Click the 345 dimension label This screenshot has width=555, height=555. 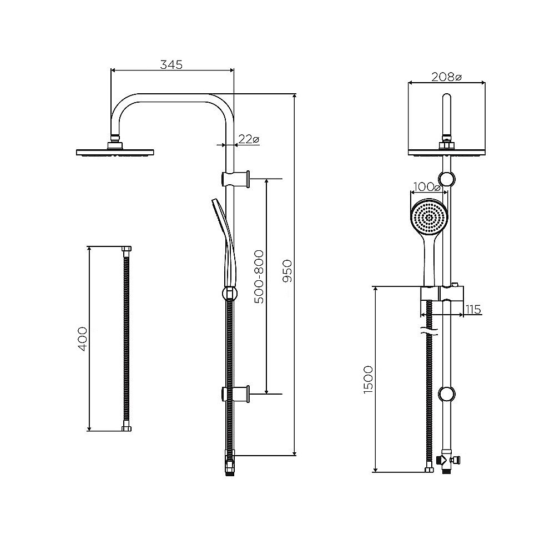[x=171, y=65]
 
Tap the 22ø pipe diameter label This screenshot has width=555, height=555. [x=249, y=139]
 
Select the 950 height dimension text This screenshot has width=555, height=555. [x=287, y=271]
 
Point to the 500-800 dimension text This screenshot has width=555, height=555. [x=259, y=277]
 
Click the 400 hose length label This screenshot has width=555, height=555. [x=82, y=339]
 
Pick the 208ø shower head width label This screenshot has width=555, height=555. [x=446, y=77]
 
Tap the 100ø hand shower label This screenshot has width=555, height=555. [x=427, y=187]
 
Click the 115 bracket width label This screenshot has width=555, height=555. [x=473, y=310]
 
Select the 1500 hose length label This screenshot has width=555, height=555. [x=368, y=380]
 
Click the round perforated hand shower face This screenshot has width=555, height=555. [x=430, y=217]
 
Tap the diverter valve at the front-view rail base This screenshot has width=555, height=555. [x=446, y=461]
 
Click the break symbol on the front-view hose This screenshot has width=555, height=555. [x=430, y=332]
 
